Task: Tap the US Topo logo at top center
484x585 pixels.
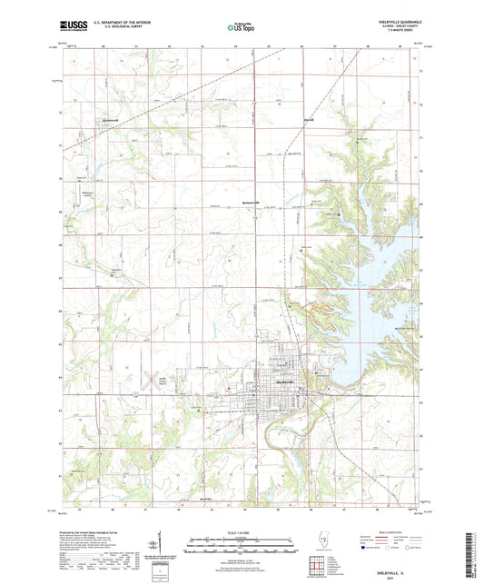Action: pos(242,28)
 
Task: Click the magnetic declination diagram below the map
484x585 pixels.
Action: pos(154,550)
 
